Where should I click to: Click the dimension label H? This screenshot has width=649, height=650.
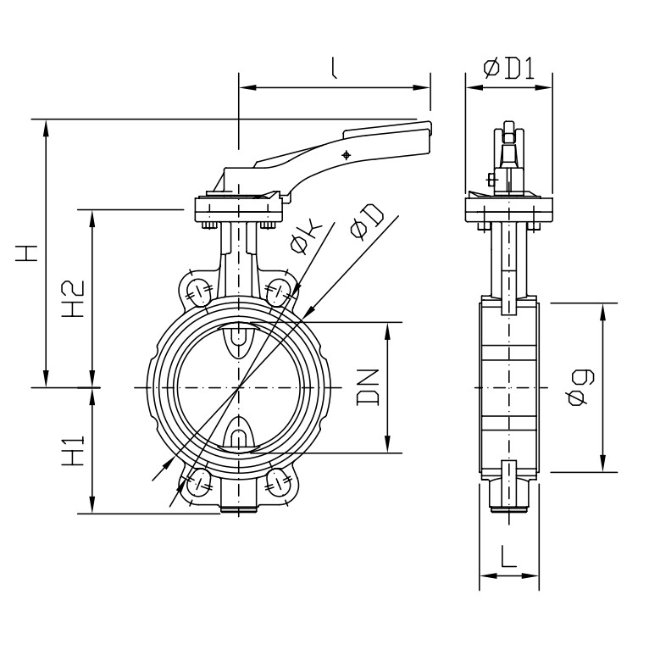27,253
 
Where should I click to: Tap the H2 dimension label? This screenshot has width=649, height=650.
73,299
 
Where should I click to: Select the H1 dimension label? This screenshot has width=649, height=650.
73,451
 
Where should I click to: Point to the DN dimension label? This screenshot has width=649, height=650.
368,386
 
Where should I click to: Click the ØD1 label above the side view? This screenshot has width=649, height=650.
509,69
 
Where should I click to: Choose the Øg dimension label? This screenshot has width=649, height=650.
581,388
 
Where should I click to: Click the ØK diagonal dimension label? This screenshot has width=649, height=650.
307,238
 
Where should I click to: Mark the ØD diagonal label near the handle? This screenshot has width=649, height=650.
366,223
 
